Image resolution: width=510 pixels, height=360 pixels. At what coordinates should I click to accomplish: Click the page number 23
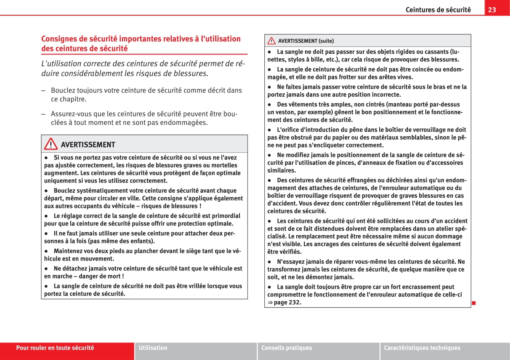492,10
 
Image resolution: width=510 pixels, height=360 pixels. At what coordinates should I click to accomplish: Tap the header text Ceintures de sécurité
438,10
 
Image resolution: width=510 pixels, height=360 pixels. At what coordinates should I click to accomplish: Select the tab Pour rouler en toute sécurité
55,348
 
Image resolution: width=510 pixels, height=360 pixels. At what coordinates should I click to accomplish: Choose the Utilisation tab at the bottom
153,348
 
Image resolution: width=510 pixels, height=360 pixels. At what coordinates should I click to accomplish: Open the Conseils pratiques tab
286,348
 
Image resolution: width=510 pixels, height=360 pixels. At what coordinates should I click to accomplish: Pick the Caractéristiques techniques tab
422,348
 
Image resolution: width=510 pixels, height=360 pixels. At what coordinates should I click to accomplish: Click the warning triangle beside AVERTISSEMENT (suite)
271,41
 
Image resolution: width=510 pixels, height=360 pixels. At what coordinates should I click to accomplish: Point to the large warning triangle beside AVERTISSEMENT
51,145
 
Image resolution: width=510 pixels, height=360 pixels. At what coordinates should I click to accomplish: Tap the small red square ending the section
474,303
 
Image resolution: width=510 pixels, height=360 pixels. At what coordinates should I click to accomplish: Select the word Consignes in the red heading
58,39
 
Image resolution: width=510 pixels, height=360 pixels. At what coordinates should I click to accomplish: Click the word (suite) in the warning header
326,41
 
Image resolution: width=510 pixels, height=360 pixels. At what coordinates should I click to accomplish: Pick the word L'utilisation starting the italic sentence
61,63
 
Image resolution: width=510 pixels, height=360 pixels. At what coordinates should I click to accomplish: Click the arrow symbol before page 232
270,302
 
